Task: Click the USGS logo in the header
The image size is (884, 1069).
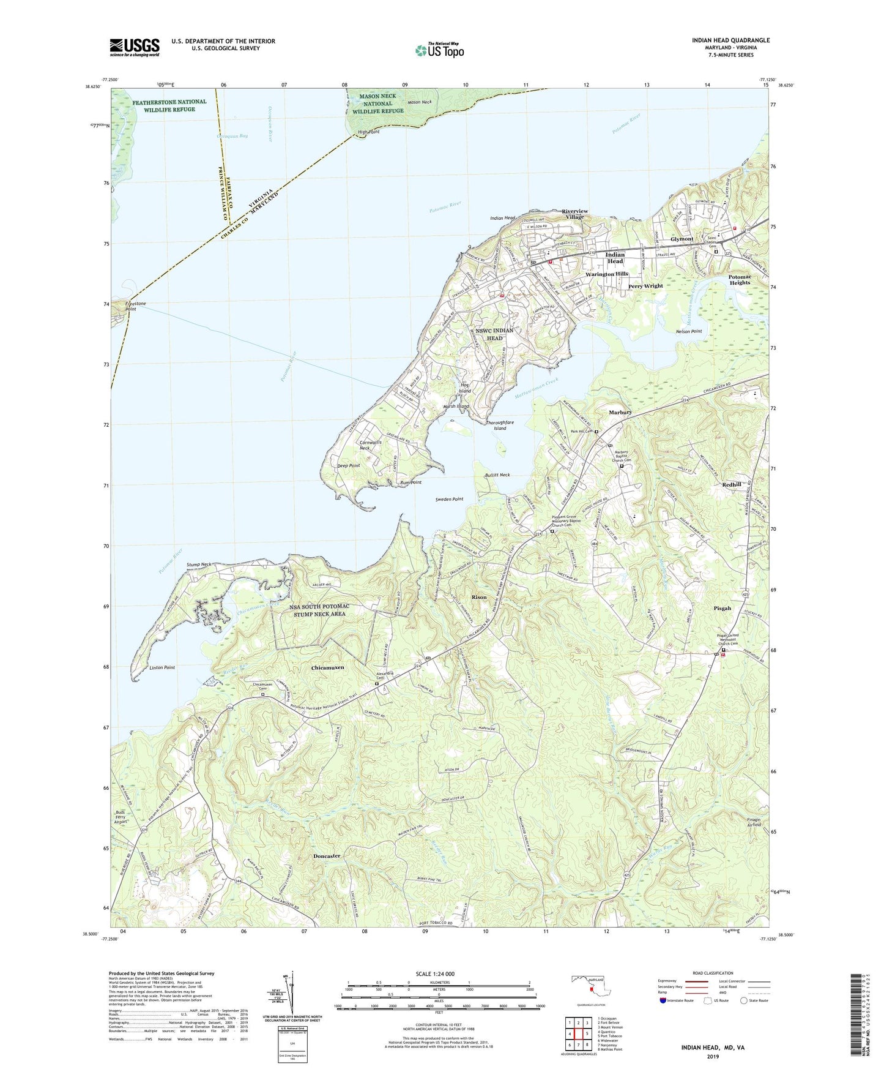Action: (135, 47)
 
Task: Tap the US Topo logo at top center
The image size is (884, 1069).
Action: (439, 50)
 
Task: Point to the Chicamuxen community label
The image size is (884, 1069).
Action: (327, 667)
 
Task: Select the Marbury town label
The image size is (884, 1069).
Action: (620, 413)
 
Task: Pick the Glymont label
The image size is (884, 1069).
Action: (682, 239)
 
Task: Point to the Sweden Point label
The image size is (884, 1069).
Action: (449, 499)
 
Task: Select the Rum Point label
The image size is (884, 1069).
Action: (410, 482)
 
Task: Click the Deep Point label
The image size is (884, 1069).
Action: (349, 465)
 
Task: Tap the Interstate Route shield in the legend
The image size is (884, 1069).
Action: (664, 1000)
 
